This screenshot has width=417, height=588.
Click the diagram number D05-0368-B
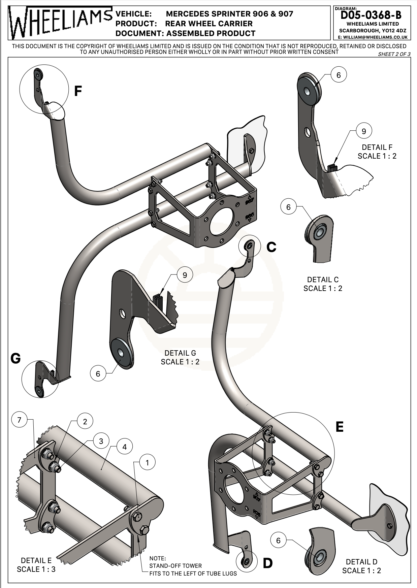[371, 15]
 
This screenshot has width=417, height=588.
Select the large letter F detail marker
[78, 91]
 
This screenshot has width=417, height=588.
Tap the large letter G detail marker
[16, 358]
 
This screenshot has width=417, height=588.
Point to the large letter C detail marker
[271, 247]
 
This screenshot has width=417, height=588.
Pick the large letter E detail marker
[340, 427]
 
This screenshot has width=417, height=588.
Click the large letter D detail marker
[267, 563]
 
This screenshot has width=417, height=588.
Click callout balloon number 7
[19, 420]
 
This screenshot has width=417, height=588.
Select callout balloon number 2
[85, 421]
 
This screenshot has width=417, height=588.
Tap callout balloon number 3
[101, 441]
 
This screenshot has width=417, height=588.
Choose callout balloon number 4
[125, 447]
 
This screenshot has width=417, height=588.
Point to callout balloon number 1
[147, 463]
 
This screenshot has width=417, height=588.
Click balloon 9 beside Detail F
[363, 131]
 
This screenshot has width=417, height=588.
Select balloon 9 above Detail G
[185, 275]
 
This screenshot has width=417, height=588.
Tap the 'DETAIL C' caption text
[323, 280]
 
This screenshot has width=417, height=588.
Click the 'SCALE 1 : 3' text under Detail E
[36, 569]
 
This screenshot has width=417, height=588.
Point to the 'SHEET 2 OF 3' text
[394, 54]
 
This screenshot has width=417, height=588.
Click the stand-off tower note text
[193, 566]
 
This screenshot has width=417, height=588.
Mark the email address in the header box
[373, 37]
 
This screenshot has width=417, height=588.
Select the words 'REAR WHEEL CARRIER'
[209, 24]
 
